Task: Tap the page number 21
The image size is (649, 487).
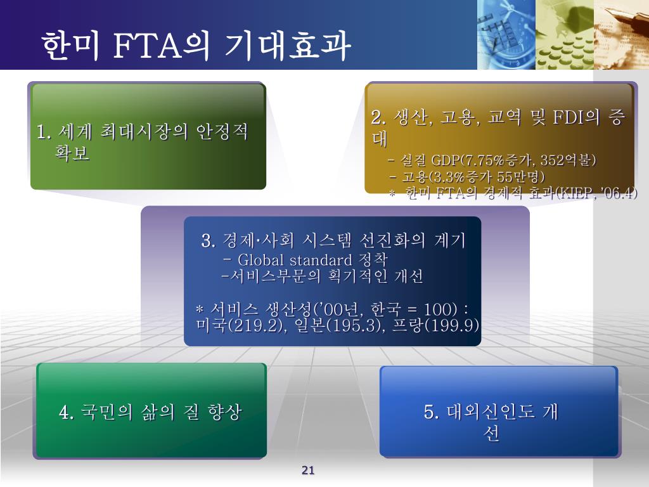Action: tap(308, 470)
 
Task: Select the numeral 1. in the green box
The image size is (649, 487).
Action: tap(44, 132)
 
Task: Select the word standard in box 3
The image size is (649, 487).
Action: tap(321, 260)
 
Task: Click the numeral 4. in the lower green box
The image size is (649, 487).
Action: tap(66, 412)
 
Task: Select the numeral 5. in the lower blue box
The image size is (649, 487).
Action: tap(430, 412)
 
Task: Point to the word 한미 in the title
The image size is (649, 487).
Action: tap(70, 46)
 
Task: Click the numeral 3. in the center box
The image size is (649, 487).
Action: tap(208, 241)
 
